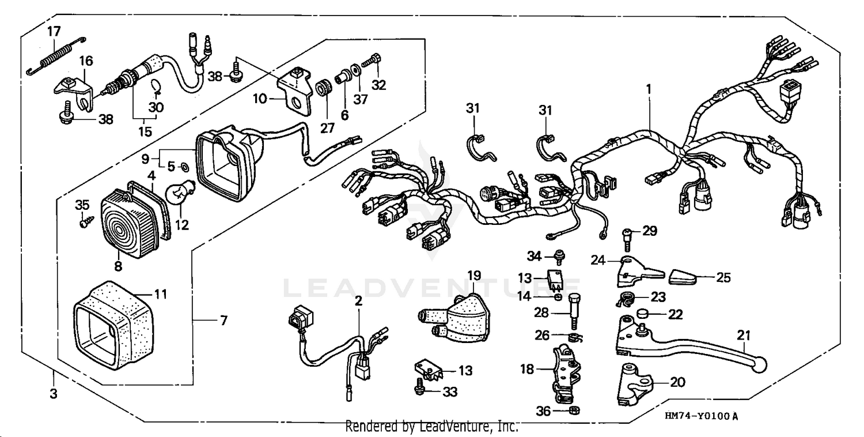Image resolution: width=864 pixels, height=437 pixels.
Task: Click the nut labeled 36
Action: click(573, 410)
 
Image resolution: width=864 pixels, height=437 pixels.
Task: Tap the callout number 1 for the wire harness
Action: click(649, 89)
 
